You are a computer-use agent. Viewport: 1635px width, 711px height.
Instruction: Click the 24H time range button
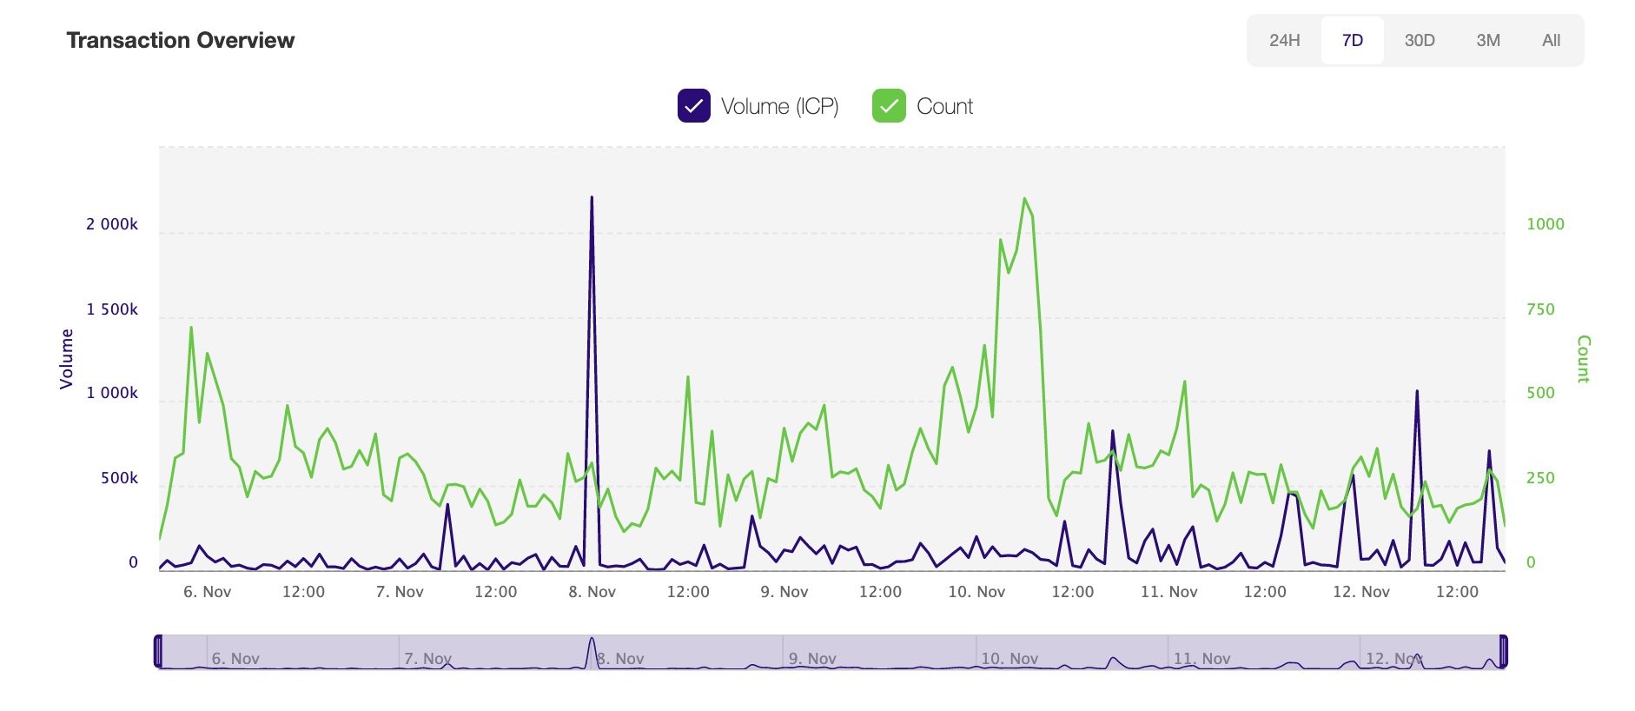[1284, 40]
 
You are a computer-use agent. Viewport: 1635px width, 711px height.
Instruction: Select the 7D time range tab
[1352, 40]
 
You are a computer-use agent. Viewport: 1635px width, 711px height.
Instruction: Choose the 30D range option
[1420, 40]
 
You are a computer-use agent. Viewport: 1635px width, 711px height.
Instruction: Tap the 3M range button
[1487, 40]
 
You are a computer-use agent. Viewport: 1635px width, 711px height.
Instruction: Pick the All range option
[1551, 40]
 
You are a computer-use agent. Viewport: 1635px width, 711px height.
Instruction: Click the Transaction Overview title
[180, 40]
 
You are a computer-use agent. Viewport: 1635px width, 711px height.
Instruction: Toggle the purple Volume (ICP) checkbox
[693, 106]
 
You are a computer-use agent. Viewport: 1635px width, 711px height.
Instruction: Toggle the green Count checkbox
[889, 106]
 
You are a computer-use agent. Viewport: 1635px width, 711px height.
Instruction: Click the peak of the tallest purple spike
[592, 198]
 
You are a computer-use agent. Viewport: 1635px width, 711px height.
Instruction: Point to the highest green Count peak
[1025, 199]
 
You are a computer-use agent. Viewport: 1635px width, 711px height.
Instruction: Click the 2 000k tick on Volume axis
[112, 224]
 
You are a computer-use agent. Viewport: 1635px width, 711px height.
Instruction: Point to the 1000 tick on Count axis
[1545, 224]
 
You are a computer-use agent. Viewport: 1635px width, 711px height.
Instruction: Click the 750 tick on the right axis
[1540, 309]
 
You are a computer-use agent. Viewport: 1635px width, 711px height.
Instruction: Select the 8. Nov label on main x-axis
[592, 592]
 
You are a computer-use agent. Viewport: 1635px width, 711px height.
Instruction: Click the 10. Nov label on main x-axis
[976, 592]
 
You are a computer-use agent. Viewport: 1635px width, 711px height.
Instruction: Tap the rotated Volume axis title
[66, 358]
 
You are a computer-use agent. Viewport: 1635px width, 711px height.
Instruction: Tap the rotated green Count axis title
[1583, 358]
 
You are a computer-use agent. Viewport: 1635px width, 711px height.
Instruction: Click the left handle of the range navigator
[158, 651]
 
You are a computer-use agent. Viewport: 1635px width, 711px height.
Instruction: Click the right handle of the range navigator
[1504, 651]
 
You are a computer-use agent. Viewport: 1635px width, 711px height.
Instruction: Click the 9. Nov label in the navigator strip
[812, 659]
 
